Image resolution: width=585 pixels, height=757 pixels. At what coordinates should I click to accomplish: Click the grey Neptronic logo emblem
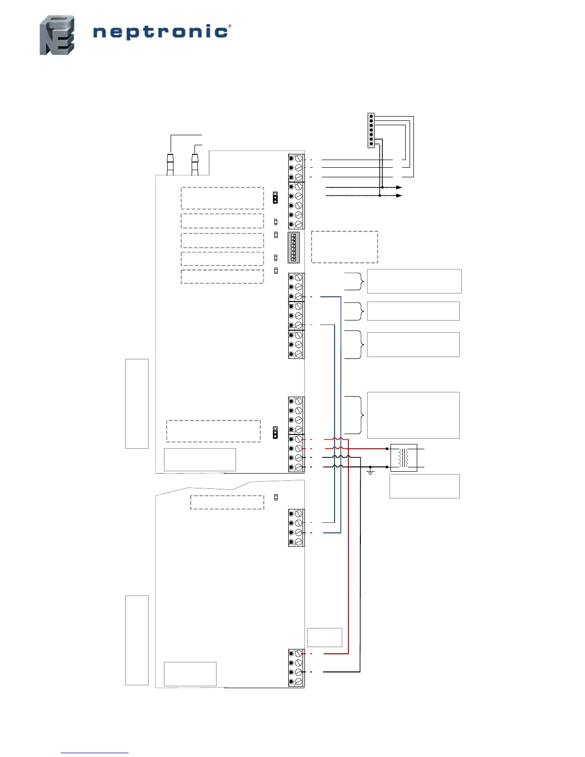click(x=57, y=35)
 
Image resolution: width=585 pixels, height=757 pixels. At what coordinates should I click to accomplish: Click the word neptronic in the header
click(x=160, y=32)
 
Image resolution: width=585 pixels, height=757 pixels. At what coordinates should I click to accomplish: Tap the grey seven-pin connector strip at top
click(x=371, y=130)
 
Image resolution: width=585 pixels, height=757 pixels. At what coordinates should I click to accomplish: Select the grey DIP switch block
click(x=293, y=248)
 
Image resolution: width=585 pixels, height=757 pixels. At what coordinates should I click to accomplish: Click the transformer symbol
click(x=403, y=458)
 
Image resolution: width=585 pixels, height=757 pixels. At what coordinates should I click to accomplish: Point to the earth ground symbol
click(x=370, y=472)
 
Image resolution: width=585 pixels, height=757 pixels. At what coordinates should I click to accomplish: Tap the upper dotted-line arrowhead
click(x=399, y=187)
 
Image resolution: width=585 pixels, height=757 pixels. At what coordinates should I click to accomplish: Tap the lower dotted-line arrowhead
click(x=399, y=195)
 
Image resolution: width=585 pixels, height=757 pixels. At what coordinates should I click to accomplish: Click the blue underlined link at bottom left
click(x=94, y=753)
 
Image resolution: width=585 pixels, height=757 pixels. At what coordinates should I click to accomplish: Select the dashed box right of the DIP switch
click(x=344, y=247)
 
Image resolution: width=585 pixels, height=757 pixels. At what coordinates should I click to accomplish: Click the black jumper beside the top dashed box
click(x=275, y=198)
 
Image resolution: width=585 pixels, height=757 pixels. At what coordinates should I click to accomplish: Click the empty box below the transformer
click(x=424, y=486)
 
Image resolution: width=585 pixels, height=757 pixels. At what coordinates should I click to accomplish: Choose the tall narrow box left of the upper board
click(x=137, y=403)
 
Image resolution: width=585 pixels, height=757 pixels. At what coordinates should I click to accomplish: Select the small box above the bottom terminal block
click(x=325, y=637)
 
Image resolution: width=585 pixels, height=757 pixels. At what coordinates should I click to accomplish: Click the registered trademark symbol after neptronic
click(x=230, y=26)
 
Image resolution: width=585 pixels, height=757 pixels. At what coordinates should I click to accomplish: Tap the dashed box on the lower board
click(x=227, y=502)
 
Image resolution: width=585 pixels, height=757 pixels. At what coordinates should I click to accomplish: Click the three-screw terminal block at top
click(x=296, y=168)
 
